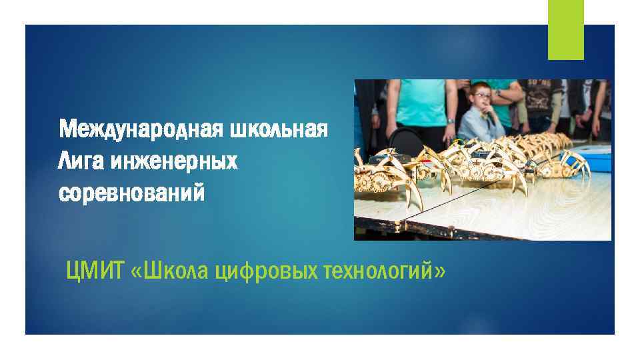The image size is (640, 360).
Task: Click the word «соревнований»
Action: (x=132, y=194)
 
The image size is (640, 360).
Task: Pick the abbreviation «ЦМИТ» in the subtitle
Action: (x=95, y=271)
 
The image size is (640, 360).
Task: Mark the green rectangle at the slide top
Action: (x=565, y=29)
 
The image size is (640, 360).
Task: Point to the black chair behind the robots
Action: (x=405, y=140)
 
